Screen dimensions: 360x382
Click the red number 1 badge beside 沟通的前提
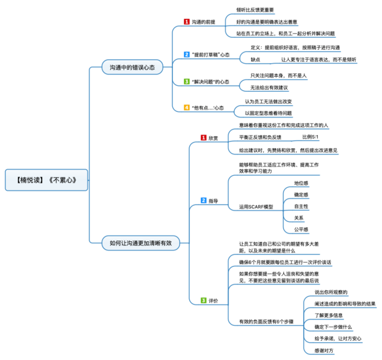tap(187, 22)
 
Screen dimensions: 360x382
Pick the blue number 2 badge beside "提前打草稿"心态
tap(187, 54)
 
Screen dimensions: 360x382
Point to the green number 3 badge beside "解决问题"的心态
tap(187, 81)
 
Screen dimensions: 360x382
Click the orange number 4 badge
tap(187, 107)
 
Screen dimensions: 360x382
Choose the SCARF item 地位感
tap(301, 183)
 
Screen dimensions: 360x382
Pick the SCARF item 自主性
tap(301, 206)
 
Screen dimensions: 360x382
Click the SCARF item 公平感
tap(301, 229)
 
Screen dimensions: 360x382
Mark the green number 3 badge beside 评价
tap(204, 300)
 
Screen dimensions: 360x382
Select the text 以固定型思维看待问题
tap(268, 113)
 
